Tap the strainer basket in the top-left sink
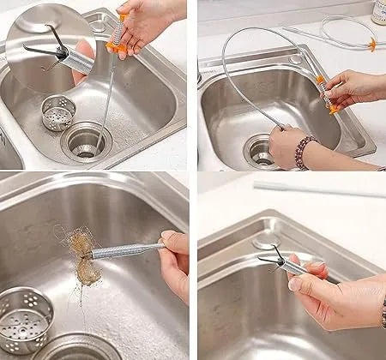point(58,112)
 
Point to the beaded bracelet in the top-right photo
point(302,152)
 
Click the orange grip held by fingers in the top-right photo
point(325,94)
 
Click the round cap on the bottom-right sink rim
point(266,243)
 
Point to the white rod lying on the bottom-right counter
point(317,186)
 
